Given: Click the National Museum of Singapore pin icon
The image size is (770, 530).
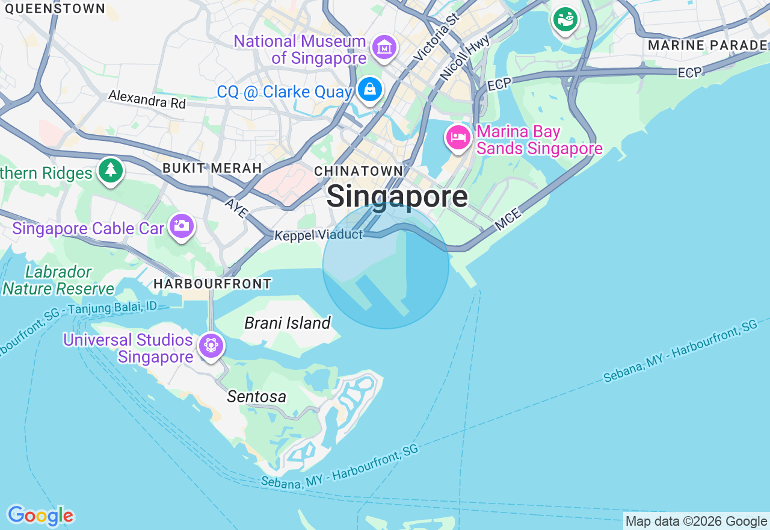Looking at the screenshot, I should click(x=384, y=47).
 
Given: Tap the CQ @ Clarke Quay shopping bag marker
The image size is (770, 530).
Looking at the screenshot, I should click(x=369, y=90).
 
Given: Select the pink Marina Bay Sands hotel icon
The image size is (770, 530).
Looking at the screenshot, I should click(x=458, y=138).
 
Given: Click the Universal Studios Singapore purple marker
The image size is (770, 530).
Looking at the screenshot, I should click(x=211, y=346).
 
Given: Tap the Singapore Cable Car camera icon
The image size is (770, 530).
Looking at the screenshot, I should click(x=181, y=226).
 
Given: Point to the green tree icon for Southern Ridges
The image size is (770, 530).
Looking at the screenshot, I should click(x=110, y=170).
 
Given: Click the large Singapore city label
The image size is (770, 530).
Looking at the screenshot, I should click(x=397, y=196).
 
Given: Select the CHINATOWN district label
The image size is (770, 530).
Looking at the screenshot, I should click(x=359, y=172).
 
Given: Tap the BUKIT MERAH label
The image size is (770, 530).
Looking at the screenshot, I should click(x=212, y=168).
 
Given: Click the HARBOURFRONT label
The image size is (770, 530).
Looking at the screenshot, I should click(x=212, y=283).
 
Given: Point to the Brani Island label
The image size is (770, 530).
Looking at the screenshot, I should click(x=288, y=323).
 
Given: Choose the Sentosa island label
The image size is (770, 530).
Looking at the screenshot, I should click(x=256, y=397).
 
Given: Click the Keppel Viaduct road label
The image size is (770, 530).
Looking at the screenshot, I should click(x=318, y=235).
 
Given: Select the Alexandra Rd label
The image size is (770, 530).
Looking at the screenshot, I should click(x=147, y=99).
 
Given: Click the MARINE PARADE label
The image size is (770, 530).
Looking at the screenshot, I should click(x=707, y=45).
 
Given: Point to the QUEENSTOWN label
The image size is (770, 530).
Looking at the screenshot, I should click(x=55, y=8).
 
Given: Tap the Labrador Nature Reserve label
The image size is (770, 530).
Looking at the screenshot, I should click(x=58, y=281).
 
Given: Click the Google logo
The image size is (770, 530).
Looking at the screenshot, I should click(x=40, y=516).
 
